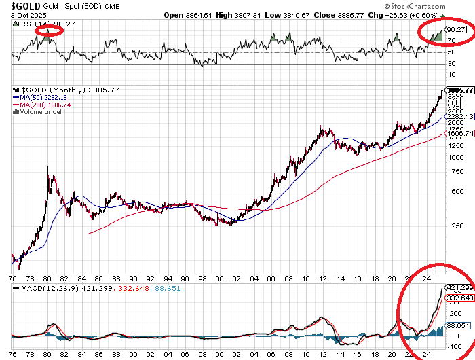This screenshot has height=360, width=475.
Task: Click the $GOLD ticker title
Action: click(20, 6)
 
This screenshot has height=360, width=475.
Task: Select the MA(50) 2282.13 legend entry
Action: click(40, 97)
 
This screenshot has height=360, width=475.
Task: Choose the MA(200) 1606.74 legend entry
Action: click(42, 105)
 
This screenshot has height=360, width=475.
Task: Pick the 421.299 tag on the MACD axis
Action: click(458, 287)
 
